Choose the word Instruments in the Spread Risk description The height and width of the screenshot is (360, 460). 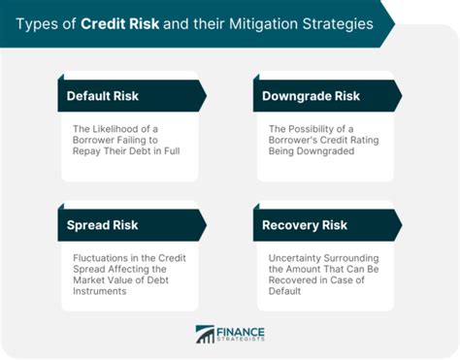click(106, 293)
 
